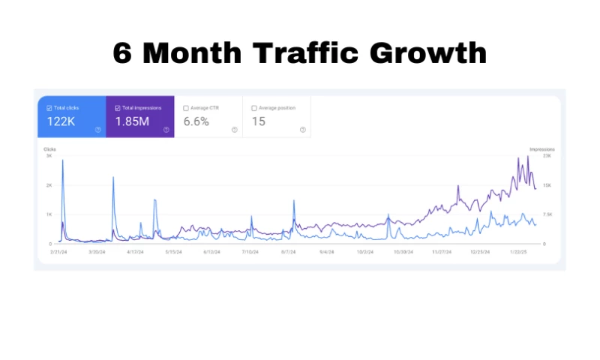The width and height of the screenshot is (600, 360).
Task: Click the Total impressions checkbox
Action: pyautogui.click(x=118, y=108)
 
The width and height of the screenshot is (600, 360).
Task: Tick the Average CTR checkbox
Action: pyautogui.click(x=186, y=108)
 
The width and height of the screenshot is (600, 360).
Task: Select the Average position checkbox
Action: pyautogui.click(x=254, y=108)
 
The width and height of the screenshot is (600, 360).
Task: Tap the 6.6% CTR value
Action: pyautogui.click(x=196, y=121)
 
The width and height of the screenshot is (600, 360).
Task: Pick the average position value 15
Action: pyautogui.click(x=259, y=121)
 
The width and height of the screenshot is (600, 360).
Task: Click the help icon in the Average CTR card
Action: pyautogui.click(x=234, y=130)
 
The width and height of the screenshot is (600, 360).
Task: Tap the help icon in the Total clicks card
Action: pyautogui.click(x=97, y=130)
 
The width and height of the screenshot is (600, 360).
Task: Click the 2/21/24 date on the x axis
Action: pyautogui.click(x=61, y=253)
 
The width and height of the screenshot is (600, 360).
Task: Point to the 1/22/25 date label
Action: pyautogui.click(x=520, y=253)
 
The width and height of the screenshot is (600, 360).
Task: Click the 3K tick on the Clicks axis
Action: pyautogui.click(x=49, y=156)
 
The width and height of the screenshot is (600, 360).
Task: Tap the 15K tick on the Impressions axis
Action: pyautogui.click(x=547, y=185)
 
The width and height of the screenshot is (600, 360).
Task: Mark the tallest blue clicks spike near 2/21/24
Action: pyautogui.click(x=62, y=160)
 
